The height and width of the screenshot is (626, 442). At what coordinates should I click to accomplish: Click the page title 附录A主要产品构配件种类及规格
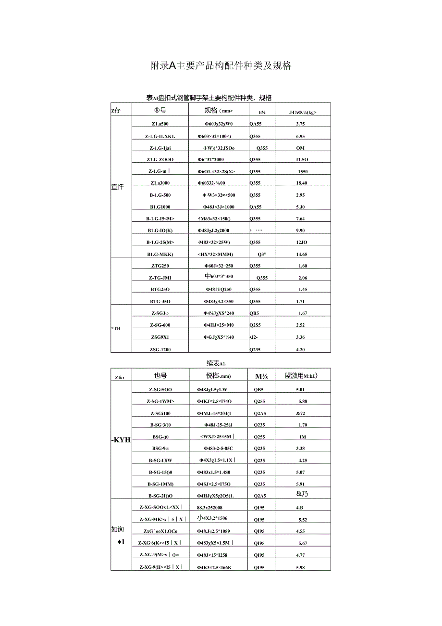[221, 66]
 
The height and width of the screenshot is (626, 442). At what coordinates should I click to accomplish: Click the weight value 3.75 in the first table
[301, 124]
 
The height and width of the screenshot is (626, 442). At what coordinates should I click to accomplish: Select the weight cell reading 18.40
[301, 183]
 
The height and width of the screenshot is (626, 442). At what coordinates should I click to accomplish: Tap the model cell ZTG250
[160, 266]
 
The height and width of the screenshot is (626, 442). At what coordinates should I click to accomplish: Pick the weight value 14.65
[301, 254]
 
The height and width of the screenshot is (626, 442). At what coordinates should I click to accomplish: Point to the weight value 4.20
[301, 349]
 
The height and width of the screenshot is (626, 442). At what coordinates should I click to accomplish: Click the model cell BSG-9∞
[160, 448]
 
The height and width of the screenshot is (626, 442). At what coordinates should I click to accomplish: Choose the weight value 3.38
[302, 448]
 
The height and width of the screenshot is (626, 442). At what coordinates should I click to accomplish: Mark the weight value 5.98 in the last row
[302, 567]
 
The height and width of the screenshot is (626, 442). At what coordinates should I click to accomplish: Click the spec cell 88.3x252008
[209, 507]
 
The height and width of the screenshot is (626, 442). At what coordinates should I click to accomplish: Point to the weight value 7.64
[301, 218]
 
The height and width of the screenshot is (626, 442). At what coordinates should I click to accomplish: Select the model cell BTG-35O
[160, 301]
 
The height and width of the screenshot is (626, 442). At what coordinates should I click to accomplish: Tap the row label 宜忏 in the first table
[117, 187]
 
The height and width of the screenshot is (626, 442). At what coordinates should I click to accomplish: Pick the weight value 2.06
[302, 278]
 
